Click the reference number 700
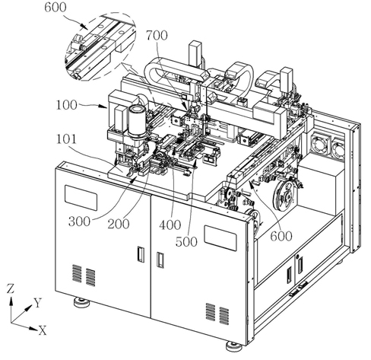[157, 36]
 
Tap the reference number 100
[66, 105]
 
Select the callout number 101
[66, 139]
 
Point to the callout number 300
[79, 221]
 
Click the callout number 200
[119, 224]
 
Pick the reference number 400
[170, 225]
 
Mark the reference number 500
[186, 242]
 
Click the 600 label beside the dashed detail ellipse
[55, 7]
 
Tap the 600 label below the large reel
[281, 236]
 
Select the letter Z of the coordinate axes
[11, 288]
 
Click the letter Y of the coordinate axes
[38, 303]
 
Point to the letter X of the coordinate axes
[43, 330]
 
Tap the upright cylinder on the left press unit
[137, 121]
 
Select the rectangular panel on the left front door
[81, 198]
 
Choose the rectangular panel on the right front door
[220, 238]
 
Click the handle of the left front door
[141, 254]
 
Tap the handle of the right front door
[160, 260]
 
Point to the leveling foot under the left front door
[81, 302]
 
